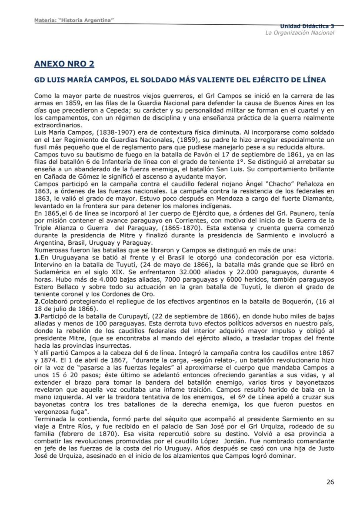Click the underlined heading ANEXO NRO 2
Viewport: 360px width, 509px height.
(64, 64)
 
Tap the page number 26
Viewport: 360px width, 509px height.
(330, 482)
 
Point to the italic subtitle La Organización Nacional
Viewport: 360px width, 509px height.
(300, 33)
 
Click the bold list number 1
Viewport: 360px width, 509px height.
(36, 256)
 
